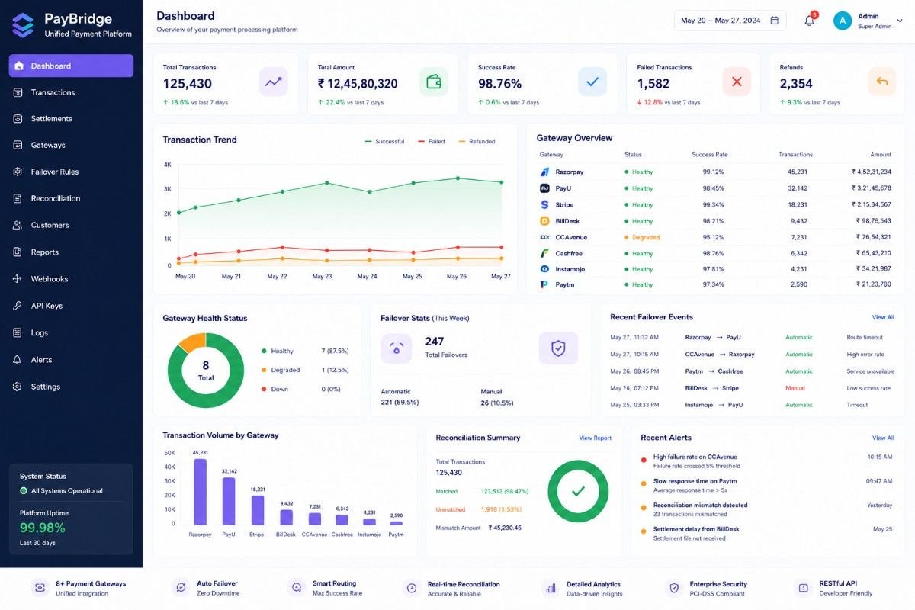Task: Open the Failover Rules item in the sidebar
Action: (x=55, y=172)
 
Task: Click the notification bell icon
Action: (x=809, y=21)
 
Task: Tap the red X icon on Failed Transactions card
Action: (x=737, y=82)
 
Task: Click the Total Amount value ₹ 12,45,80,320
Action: (x=358, y=84)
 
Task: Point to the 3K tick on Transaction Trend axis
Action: (x=168, y=189)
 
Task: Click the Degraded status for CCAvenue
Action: (x=645, y=237)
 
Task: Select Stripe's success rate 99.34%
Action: (x=713, y=204)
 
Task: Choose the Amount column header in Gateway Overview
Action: (x=881, y=155)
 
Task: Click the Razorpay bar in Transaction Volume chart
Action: (x=200, y=492)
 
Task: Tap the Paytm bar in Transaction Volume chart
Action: (x=396, y=523)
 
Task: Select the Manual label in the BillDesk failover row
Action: (x=795, y=388)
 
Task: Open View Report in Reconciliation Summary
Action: (x=596, y=438)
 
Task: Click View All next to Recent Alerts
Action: (x=883, y=438)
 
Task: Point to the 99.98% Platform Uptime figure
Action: (x=43, y=528)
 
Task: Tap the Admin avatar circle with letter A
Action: (x=843, y=21)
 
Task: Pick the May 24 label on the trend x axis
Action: (x=367, y=277)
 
